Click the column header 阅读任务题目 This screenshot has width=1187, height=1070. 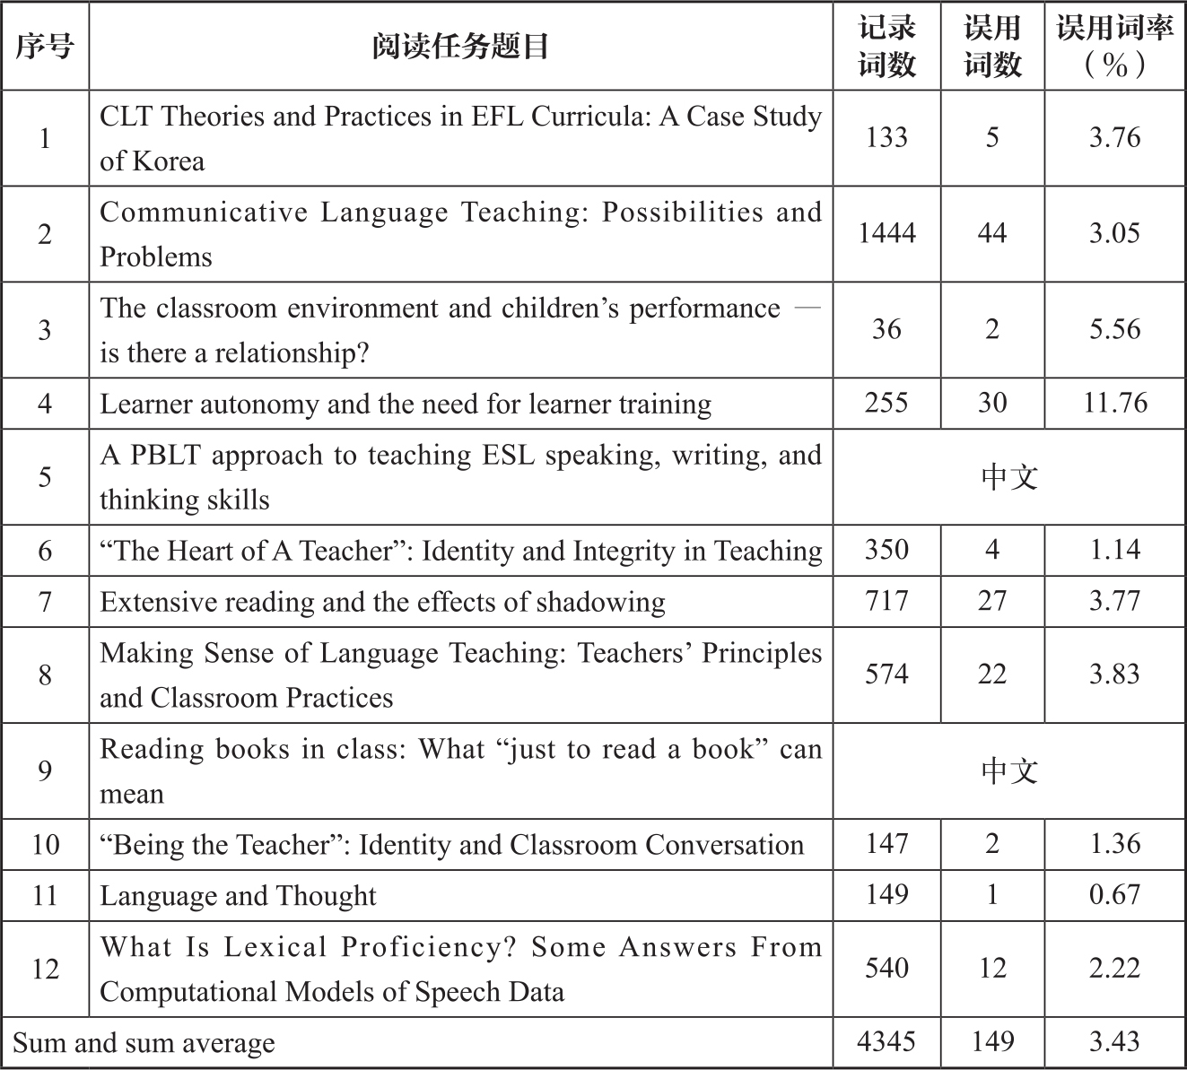pos(460,47)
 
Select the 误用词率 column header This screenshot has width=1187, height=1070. pos(1114,47)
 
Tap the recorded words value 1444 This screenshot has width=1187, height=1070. pos(886,234)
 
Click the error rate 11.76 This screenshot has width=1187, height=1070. pos(1114,403)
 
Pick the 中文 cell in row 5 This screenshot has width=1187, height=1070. pos(1009,476)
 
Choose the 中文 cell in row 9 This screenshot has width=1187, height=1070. pos(1009,770)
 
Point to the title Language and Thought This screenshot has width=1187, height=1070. pos(238,896)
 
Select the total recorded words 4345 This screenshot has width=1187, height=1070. pos(886,1042)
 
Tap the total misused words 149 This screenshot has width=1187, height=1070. pos(992,1042)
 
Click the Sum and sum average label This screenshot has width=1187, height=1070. pos(144,1043)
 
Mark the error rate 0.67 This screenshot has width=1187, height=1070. pos(1114,895)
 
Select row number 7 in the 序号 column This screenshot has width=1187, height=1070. pos(45,601)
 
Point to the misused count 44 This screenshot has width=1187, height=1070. pos(992,234)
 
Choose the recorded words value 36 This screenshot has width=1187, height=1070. pos(886,329)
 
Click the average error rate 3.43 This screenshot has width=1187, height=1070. pos(1114,1042)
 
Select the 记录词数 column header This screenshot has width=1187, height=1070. pos(886,47)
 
